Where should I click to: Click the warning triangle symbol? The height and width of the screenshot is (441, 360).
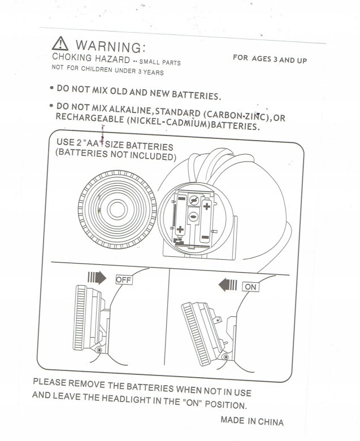point(60,43)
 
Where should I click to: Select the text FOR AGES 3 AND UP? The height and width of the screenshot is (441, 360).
point(270,59)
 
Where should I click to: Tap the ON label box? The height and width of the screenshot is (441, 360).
point(250,287)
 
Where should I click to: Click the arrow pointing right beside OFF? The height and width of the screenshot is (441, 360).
point(98,278)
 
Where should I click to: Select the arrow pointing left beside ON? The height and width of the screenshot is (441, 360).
point(227,286)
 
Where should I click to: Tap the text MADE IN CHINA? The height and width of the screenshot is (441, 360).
point(251,421)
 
